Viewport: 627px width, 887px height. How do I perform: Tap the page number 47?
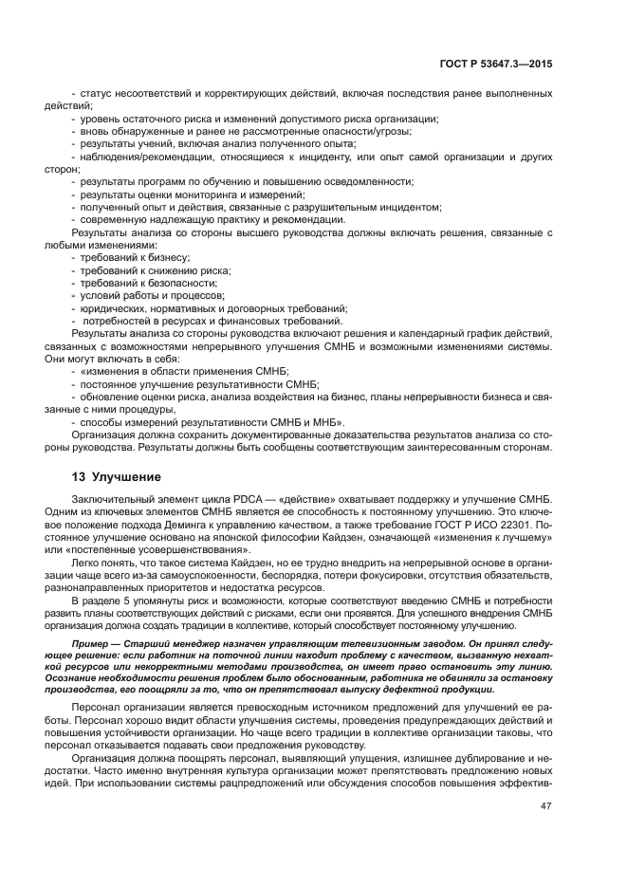pos(546,806)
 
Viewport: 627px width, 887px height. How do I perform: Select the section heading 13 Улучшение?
pos(117,476)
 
